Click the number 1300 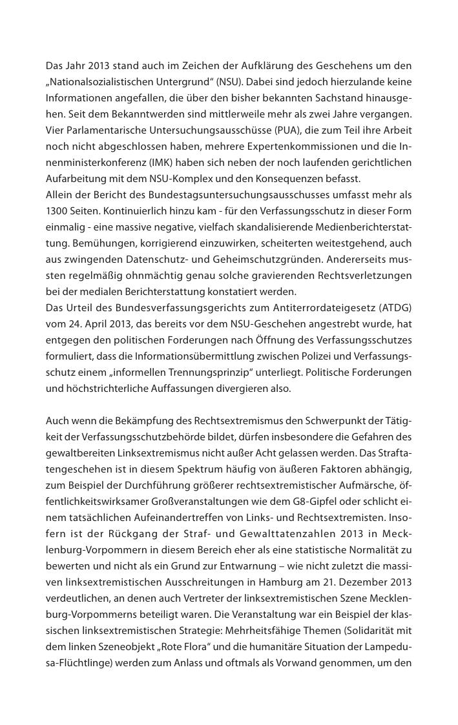pyautogui.click(x=57, y=211)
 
